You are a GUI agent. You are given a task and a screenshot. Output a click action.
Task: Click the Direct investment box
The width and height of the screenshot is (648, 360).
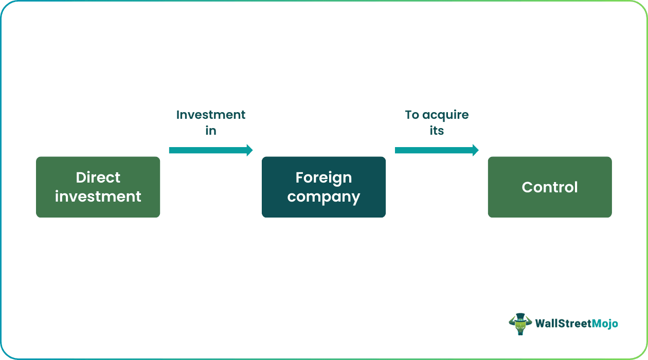98,187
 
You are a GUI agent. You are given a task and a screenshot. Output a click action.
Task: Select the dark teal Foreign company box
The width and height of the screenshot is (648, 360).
323,187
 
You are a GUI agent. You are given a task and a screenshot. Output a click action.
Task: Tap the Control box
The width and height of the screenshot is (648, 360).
550,187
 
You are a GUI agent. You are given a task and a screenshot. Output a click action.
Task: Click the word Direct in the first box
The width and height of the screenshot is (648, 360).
98,177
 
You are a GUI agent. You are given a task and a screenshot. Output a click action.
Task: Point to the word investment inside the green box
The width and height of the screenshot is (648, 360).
98,196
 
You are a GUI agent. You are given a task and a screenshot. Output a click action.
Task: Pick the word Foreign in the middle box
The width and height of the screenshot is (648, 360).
323,177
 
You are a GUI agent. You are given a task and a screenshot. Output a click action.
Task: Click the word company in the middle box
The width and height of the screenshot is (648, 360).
323,197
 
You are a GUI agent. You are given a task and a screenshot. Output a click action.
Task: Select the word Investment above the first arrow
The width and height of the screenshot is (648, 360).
211,115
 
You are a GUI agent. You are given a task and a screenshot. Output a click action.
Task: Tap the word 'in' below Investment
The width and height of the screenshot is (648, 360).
211,131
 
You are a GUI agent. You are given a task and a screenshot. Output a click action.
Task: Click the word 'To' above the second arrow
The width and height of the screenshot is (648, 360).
412,115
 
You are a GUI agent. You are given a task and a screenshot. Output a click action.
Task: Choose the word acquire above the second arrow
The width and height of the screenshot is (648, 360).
445,115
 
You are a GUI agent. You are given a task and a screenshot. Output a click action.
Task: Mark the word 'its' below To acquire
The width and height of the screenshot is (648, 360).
437,131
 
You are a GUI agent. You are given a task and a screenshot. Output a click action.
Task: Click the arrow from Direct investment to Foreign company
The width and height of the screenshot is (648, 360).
208,150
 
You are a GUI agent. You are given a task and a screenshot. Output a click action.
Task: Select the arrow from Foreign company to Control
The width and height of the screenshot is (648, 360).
435,150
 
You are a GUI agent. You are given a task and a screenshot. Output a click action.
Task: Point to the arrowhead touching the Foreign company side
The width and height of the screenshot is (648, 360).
249,150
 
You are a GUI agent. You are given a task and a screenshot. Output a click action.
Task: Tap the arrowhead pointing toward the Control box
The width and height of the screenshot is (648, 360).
475,150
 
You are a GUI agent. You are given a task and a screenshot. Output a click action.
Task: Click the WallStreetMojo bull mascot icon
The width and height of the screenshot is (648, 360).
520,324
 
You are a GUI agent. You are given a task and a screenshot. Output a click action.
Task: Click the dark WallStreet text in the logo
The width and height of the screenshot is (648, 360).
561,323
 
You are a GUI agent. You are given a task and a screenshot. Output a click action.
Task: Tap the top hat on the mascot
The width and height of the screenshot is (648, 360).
520,316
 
